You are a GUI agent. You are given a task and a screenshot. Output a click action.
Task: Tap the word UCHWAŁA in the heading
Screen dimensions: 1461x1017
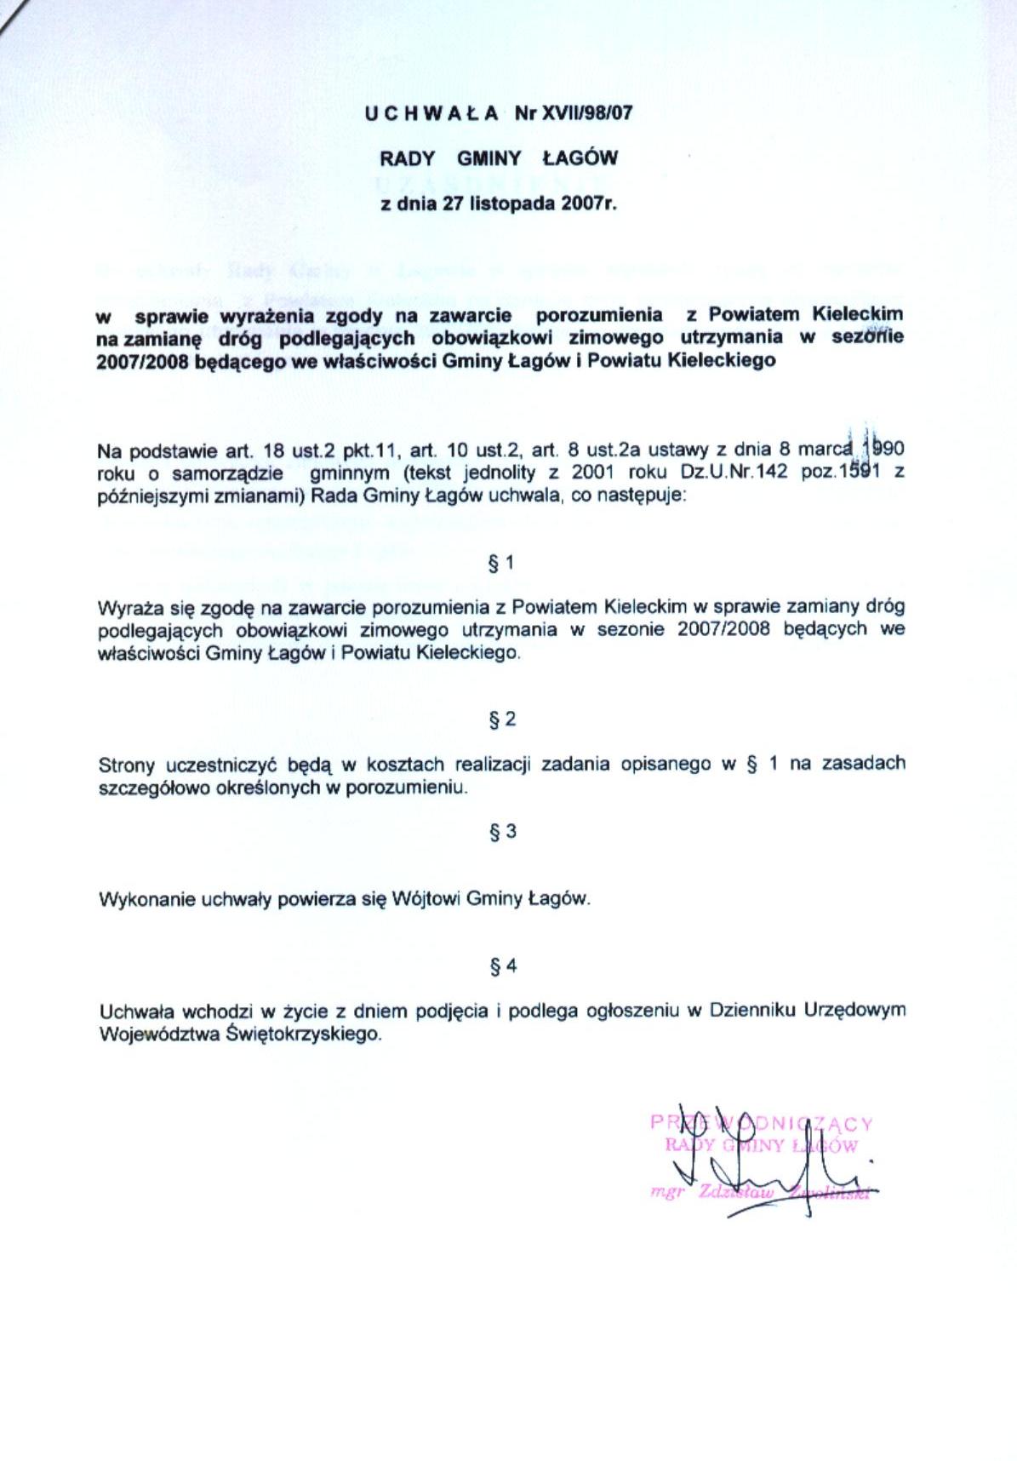point(431,112)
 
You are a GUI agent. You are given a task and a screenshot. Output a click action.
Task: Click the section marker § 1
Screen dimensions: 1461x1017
point(501,563)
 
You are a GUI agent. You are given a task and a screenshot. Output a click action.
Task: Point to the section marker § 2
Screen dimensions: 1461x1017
point(502,719)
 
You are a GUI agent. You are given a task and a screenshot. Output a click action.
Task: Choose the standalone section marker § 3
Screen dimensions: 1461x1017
point(503,832)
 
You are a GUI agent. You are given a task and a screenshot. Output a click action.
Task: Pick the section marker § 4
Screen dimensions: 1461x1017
point(503,966)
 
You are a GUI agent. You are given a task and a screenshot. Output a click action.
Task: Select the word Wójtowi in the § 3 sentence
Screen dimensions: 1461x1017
point(426,899)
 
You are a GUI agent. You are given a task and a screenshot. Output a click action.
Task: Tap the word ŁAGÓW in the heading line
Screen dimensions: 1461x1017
point(580,158)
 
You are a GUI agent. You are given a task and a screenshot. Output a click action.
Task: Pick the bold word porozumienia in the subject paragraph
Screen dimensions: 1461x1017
point(598,314)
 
